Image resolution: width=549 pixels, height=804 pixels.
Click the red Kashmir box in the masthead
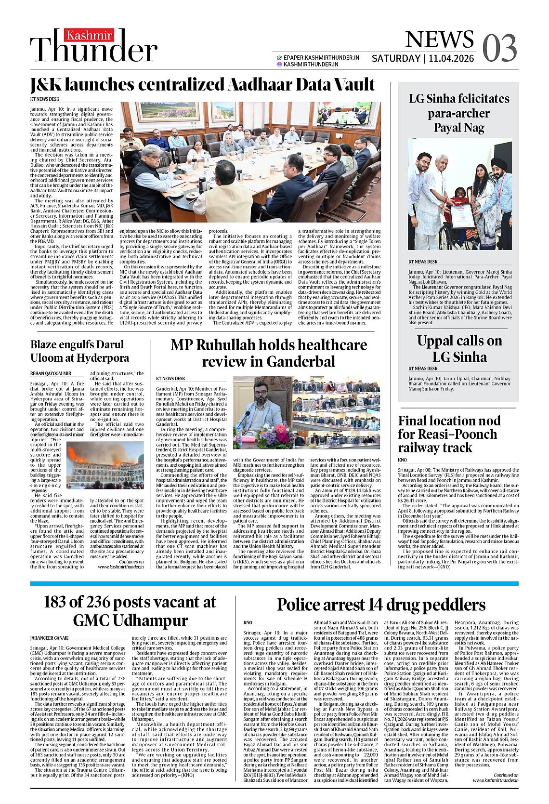[x=90, y=35]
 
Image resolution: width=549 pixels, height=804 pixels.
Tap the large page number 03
[x=499, y=48]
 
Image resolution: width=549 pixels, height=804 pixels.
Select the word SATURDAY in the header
[x=395, y=59]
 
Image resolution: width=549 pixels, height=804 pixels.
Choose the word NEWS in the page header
[x=439, y=40]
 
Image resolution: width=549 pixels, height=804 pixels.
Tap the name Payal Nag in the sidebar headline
[x=458, y=128]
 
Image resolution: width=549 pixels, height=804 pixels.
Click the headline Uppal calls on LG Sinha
[x=459, y=349]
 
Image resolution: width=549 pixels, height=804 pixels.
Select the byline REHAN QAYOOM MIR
[x=51, y=373]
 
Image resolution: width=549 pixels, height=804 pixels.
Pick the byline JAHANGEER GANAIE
[x=49, y=638]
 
